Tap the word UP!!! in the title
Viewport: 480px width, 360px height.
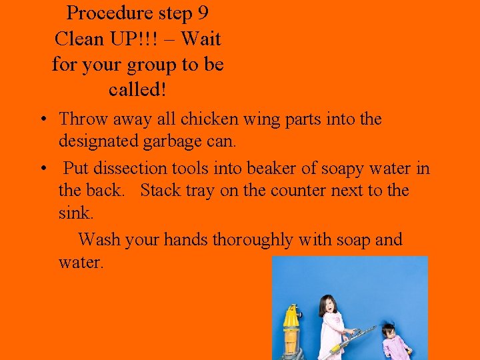(142, 39)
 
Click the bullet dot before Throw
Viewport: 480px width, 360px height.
(42, 120)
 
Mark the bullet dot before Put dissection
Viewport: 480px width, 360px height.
(42, 169)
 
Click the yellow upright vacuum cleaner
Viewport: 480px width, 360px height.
(291, 330)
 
